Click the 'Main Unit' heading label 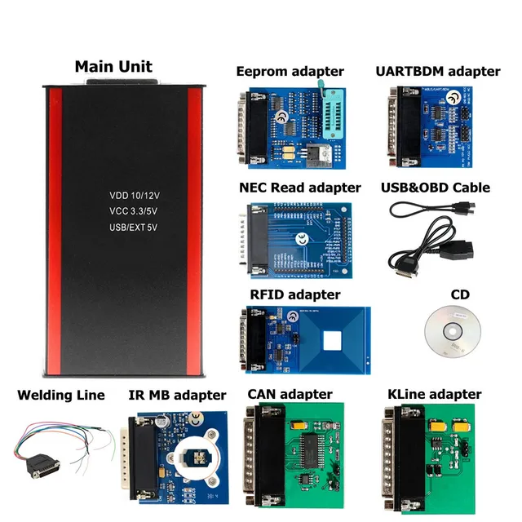(x=113, y=66)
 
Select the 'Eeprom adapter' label (x=290, y=71)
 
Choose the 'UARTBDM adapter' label (x=437, y=71)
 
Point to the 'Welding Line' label (x=61, y=396)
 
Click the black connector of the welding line (x=42, y=466)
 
